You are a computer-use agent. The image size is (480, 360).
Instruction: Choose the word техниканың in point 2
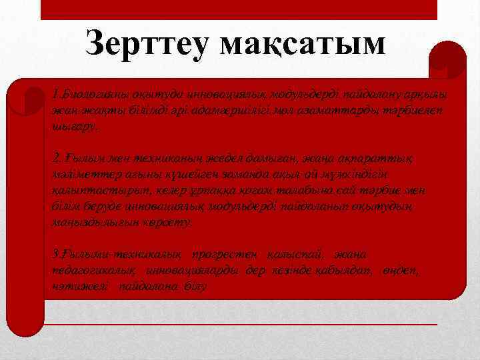[x=141, y=158]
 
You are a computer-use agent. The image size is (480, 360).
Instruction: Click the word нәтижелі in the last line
[x=78, y=286]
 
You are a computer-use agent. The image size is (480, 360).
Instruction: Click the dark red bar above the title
[x=239, y=10]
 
